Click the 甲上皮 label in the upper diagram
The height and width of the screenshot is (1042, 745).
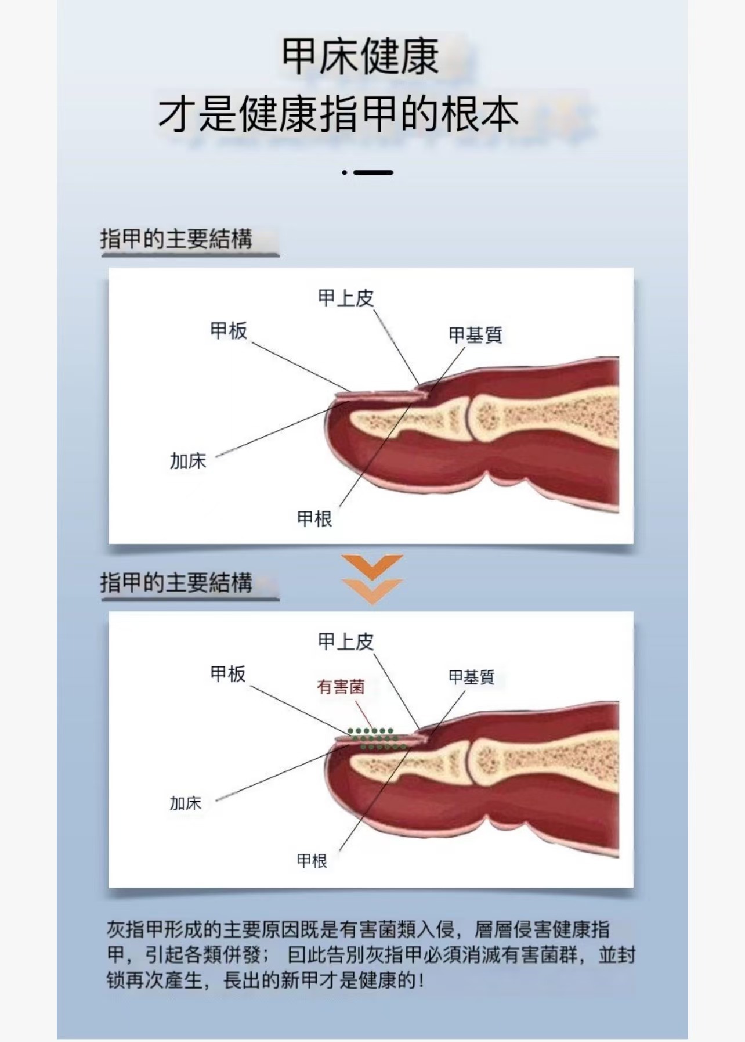tap(346, 298)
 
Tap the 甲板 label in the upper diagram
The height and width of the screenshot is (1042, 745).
tap(229, 330)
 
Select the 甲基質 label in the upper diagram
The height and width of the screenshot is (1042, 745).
tap(475, 335)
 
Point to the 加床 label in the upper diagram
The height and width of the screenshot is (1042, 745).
tap(187, 461)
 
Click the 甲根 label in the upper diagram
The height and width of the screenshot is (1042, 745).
tap(314, 518)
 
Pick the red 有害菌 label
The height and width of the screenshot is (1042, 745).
tap(341, 687)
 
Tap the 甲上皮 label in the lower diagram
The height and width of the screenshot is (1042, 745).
tap(346, 641)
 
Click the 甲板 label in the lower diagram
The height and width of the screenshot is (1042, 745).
tap(228, 673)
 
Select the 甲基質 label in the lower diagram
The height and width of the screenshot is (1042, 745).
tap(471, 677)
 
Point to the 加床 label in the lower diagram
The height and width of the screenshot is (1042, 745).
tap(185, 803)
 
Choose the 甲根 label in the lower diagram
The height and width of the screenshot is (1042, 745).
tap(312, 860)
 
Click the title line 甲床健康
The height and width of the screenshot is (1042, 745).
tap(360, 56)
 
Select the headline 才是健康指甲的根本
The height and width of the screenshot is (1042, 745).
tap(338, 114)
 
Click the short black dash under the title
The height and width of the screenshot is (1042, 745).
tap(373, 172)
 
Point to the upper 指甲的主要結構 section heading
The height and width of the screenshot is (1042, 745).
tap(176, 239)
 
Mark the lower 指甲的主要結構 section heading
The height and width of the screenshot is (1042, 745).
tap(176, 582)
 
